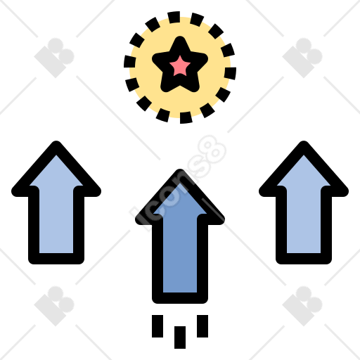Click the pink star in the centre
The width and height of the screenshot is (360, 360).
(x=180, y=66)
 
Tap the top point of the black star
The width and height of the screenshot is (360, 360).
(x=180, y=37)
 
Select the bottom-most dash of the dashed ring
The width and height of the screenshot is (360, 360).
(x=186, y=117)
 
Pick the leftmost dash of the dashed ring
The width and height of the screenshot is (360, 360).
(x=129, y=62)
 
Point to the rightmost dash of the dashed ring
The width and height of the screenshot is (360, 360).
(x=230, y=73)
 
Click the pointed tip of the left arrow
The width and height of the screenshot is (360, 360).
(x=56, y=142)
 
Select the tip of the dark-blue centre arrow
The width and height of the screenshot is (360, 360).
(x=180, y=170)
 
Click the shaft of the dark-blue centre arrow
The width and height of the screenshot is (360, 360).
(x=180, y=253)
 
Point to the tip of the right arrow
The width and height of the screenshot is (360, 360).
(x=304, y=142)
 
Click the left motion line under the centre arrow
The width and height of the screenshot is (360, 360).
(x=157, y=326)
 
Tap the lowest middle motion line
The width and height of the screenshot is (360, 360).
(x=180, y=337)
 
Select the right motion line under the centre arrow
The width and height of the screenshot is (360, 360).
(x=202, y=326)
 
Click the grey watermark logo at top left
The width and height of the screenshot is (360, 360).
(x=54, y=58)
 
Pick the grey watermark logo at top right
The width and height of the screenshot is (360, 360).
(x=302, y=58)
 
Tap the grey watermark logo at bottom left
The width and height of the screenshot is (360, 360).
(x=54, y=306)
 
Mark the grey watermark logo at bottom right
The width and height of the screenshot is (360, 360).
(x=302, y=306)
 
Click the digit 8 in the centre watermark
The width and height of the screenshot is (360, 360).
(x=212, y=149)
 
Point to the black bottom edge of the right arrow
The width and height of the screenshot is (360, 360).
(x=304, y=259)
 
